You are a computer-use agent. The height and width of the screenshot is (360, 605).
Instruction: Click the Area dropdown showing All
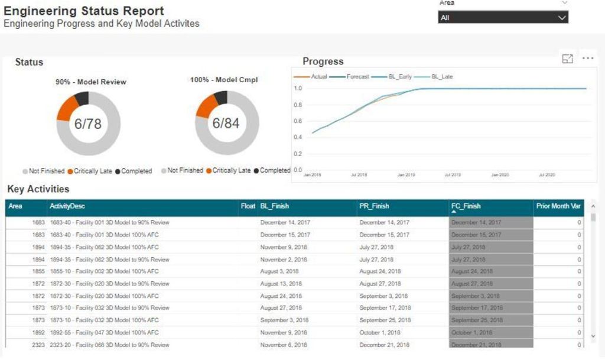(x=503, y=18)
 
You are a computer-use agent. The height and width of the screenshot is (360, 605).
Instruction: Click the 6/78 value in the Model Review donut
(x=88, y=124)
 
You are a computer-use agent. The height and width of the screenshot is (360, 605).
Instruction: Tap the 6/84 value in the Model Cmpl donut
(x=226, y=124)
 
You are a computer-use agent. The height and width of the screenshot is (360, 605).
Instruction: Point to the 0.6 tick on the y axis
(x=298, y=121)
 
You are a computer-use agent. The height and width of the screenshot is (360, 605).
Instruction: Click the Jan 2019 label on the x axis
(x=405, y=175)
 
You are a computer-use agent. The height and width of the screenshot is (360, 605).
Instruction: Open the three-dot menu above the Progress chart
(x=587, y=59)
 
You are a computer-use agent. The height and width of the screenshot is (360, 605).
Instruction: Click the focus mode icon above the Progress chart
(x=567, y=59)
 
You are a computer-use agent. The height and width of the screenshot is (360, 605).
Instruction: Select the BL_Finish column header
(x=275, y=206)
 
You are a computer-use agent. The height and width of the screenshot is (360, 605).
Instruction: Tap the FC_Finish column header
(x=466, y=206)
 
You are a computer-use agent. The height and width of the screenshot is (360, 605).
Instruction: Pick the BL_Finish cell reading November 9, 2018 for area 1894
(x=284, y=247)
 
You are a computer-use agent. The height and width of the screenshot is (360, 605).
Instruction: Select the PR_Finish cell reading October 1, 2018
(x=380, y=333)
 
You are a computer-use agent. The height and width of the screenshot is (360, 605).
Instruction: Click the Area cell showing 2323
(x=38, y=345)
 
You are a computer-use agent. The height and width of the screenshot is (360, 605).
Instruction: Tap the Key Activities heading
(x=38, y=189)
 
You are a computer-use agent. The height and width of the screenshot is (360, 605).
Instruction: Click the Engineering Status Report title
(x=84, y=11)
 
